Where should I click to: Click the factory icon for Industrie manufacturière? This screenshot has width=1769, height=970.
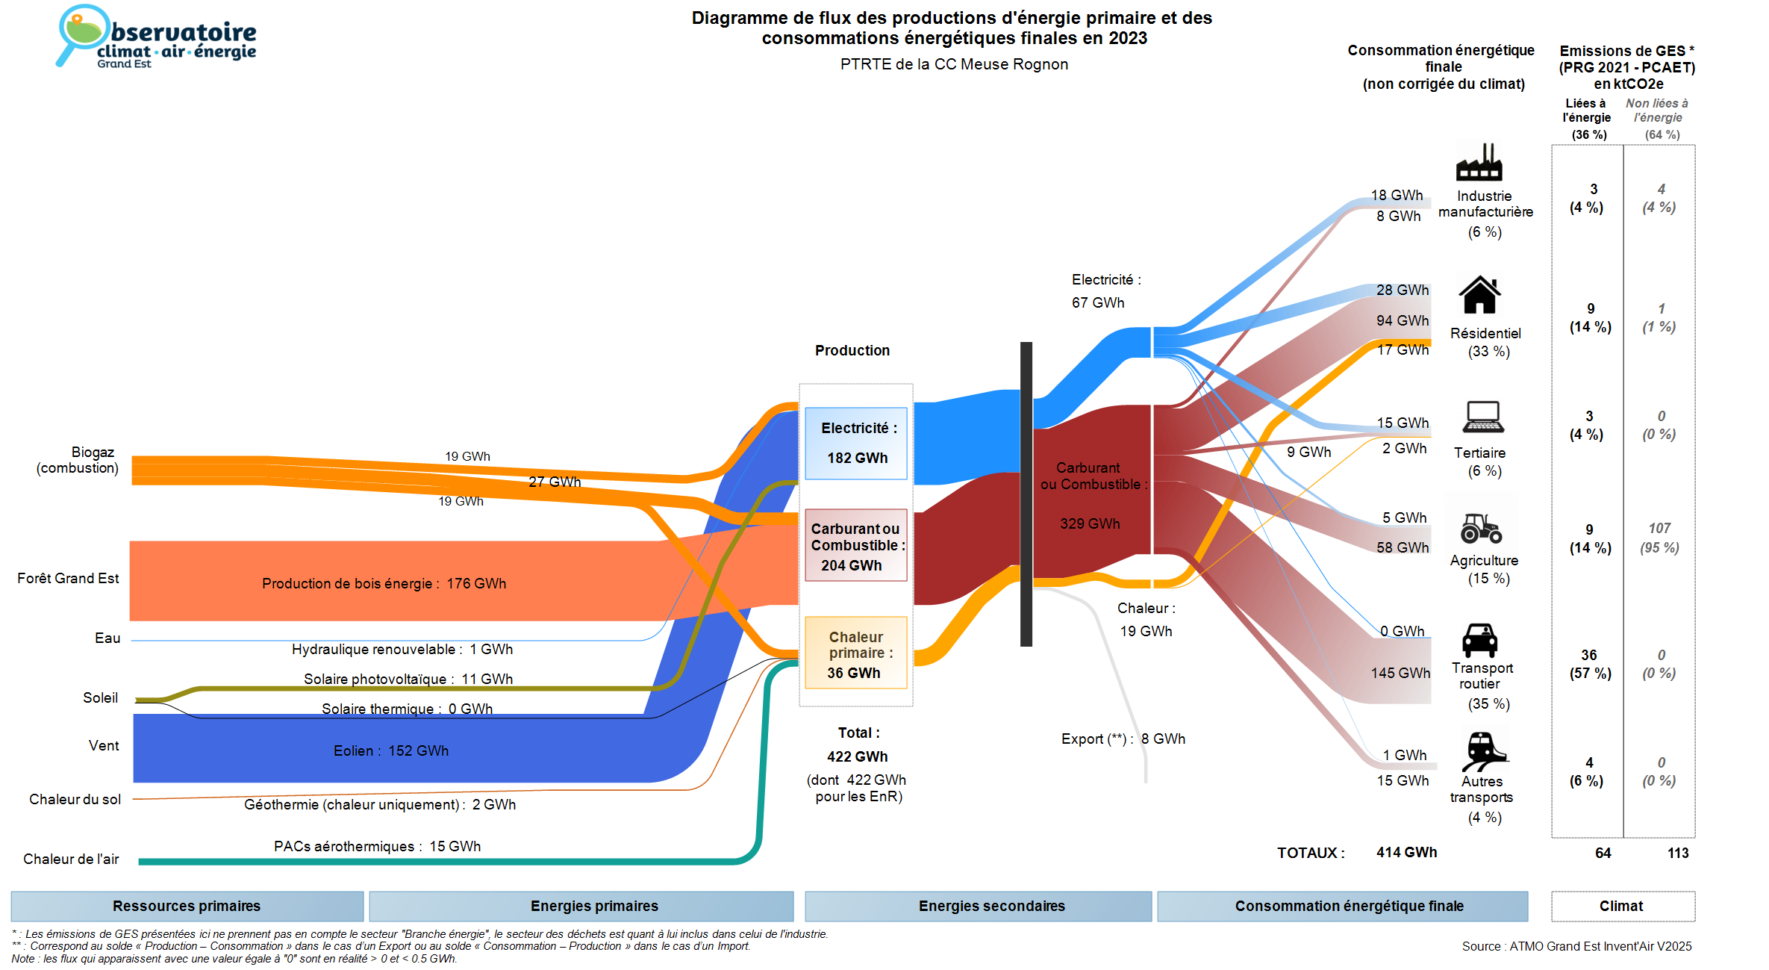pyautogui.click(x=1479, y=162)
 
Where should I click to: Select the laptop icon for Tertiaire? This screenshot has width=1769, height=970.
pyautogui.click(x=1483, y=417)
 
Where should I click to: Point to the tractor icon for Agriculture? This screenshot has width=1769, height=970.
pyautogui.click(x=1481, y=528)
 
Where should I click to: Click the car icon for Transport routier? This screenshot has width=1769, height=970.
pyautogui.click(x=1479, y=640)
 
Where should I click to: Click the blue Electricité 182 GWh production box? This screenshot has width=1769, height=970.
pyautogui.click(x=856, y=443)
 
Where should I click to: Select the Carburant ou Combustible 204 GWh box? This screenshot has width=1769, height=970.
pyautogui.click(x=856, y=546)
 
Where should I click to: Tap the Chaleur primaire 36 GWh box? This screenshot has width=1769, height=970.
pyautogui.click(x=856, y=653)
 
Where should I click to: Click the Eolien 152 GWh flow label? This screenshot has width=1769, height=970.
pyautogui.click(x=390, y=750)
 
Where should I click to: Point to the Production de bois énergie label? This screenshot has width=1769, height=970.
pyautogui.click(x=384, y=583)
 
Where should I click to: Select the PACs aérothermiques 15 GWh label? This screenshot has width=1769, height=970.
pyautogui.click(x=377, y=846)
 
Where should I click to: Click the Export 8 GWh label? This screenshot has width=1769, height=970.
pyautogui.click(x=1123, y=739)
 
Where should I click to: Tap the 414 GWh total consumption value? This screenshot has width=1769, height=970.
pyautogui.click(x=1406, y=852)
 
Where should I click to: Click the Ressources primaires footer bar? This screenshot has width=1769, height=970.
pyautogui.click(x=187, y=906)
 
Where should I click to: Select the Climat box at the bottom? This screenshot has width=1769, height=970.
pyautogui.click(x=1622, y=906)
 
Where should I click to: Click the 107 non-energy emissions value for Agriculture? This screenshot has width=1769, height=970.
pyautogui.click(x=1660, y=528)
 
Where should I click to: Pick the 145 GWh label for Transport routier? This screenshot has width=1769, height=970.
pyautogui.click(x=1400, y=673)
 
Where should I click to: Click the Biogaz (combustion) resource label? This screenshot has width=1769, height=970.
pyautogui.click(x=78, y=460)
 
